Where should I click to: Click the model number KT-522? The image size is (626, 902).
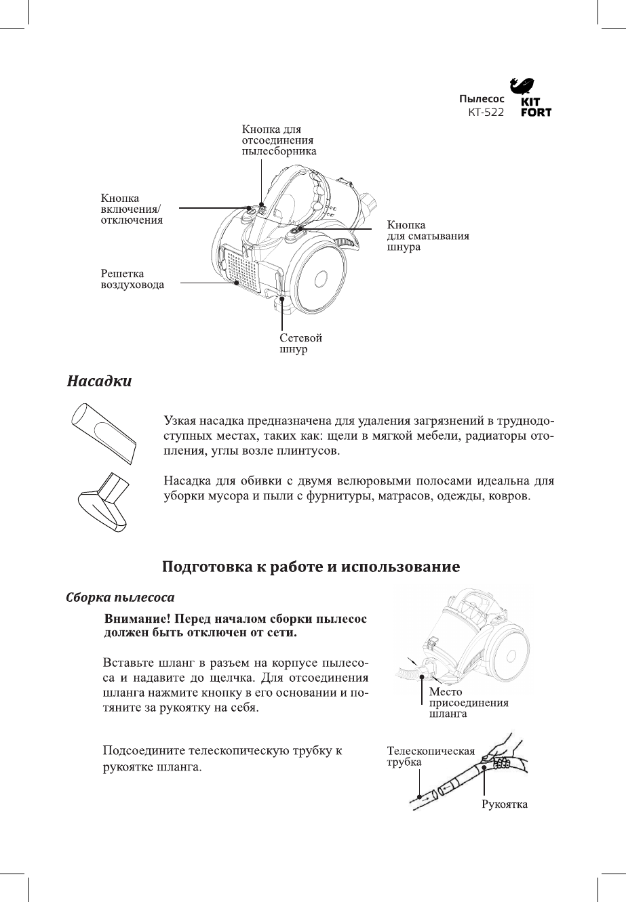tap(486, 112)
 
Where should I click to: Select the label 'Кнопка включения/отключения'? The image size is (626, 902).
tap(132, 209)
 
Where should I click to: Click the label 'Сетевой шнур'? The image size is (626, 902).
tap(300, 344)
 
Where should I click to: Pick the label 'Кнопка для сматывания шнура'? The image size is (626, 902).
tap(428, 235)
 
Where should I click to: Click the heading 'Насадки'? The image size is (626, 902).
tap(99, 382)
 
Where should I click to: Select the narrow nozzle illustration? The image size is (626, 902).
tap(103, 432)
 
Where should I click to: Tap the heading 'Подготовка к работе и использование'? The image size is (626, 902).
tap(313, 566)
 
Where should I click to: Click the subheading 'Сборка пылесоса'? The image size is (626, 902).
tap(121, 598)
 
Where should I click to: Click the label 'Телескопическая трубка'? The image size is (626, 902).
tap(430, 756)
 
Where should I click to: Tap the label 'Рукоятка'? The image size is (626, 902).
tap(504, 804)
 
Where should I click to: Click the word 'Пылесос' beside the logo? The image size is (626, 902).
tap(481, 100)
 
